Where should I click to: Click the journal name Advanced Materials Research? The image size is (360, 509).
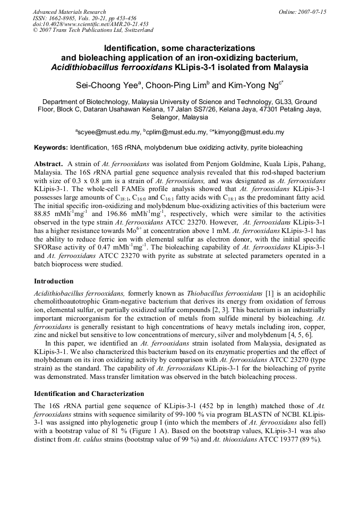69,12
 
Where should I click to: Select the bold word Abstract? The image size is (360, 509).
48,164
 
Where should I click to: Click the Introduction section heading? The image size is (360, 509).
54,281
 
